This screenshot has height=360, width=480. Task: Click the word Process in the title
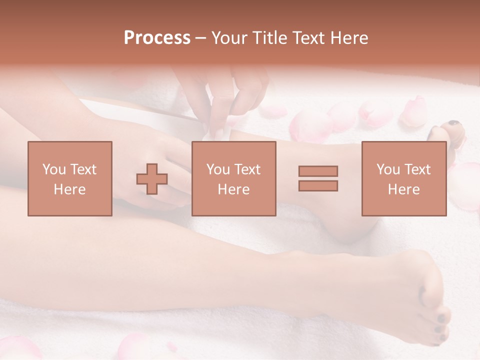pyautogui.click(x=157, y=38)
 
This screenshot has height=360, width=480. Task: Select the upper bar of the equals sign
pyautogui.click(x=318, y=171)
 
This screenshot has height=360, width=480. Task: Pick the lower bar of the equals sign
pyautogui.click(x=318, y=186)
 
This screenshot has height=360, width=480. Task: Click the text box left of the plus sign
pyautogui.click(x=70, y=179)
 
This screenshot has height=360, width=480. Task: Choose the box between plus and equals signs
pyautogui.click(x=234, y=179)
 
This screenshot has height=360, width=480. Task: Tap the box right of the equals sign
pyautogui.click(x=404, y=179)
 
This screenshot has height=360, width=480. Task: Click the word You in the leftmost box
pyautogui.click(x=53, y=169)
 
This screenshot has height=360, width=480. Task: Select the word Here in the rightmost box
pyautogui.click(x=404, y=189)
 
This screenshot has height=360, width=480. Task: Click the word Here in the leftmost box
pyautogui.click(x=70, y=189)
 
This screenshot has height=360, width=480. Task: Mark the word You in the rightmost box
pyautogui.click(x=387, y=169)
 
